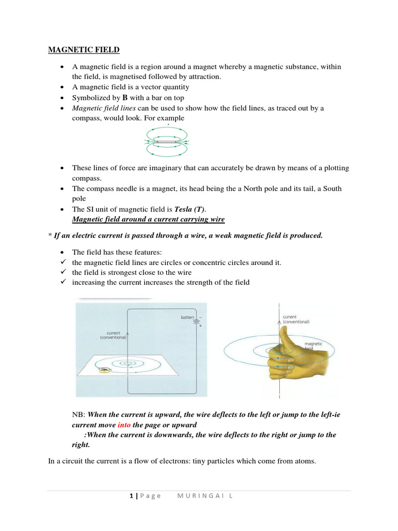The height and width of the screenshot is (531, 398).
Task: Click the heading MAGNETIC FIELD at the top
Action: [x=84, y=50]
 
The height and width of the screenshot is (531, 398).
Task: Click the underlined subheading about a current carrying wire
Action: [x=148, y=219]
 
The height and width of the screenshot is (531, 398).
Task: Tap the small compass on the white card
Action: [x=105, y=370]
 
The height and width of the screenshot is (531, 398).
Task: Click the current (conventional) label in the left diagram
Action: [x=112, y=336]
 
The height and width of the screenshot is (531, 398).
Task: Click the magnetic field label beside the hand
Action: [x=313, y=346]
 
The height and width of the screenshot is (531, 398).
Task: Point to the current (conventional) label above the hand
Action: [x=296, y=319]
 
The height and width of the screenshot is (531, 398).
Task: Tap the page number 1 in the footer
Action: [x=131, y=496]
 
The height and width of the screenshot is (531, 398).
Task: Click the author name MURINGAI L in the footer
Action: [x=205, y=496]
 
